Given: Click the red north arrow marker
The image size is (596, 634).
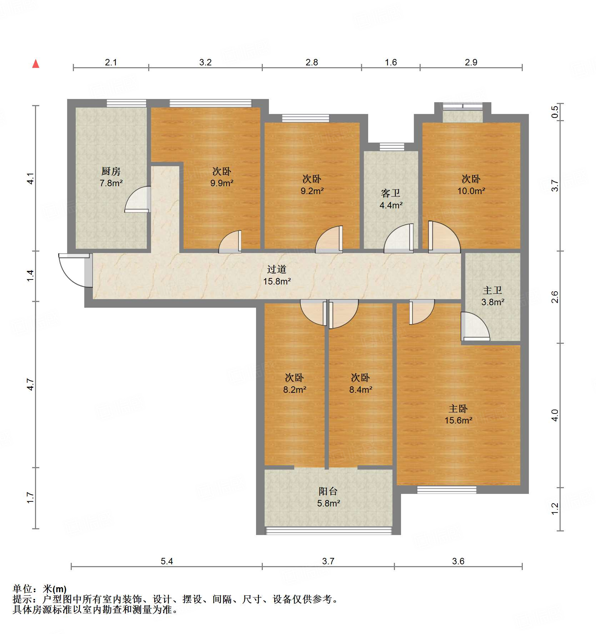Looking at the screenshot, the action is (36, 64).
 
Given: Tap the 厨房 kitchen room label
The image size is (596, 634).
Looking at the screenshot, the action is (111, 172).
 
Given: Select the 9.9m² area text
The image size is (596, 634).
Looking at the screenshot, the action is (222, 183).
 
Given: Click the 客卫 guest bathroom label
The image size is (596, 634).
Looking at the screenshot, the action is (391, 193).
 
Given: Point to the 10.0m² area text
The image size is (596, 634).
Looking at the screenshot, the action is (471, 191).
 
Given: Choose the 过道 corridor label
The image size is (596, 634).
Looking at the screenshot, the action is (277, 269).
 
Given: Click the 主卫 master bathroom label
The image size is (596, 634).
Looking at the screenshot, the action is (492, 290).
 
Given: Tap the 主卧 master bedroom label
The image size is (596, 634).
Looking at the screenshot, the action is (458, 408).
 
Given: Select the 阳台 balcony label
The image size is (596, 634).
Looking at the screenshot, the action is (328, 491).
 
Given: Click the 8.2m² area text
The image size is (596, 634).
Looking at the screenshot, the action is (295, 390).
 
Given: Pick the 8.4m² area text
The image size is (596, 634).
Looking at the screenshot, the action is (361, 390).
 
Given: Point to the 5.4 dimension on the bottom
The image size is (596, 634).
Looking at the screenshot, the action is (167, 561).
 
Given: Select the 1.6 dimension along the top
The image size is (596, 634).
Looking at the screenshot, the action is (391, 63).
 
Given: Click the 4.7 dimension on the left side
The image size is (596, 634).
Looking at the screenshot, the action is (30, 385).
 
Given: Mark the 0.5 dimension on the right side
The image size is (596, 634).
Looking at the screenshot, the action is (555, 112).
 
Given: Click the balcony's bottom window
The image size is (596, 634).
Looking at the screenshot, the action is (329, 531).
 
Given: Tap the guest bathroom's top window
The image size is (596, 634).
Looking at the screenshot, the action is (392, 147).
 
